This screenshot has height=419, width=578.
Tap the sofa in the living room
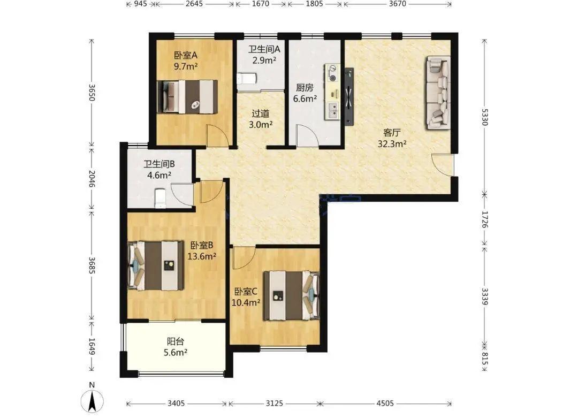(439, 93)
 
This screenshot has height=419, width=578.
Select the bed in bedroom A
(187, 96)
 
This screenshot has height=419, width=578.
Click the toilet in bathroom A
(246, 79)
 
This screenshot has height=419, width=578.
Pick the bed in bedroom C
(291, 295)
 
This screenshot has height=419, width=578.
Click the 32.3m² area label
(392, 144)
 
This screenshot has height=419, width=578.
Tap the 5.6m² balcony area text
(176, 353)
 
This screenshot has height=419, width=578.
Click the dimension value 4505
(385, 403)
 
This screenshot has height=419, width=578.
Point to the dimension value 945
(140, 4)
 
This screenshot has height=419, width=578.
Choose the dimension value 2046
(92, 179)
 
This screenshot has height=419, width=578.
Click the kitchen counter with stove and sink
(332, 92)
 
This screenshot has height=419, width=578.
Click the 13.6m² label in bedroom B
(202, 256)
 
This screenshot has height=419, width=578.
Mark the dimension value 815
(484, 359)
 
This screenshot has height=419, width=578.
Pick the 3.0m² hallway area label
(261, 125)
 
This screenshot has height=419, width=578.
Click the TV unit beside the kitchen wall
(349, 96)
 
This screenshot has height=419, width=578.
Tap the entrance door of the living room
(443, 165)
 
